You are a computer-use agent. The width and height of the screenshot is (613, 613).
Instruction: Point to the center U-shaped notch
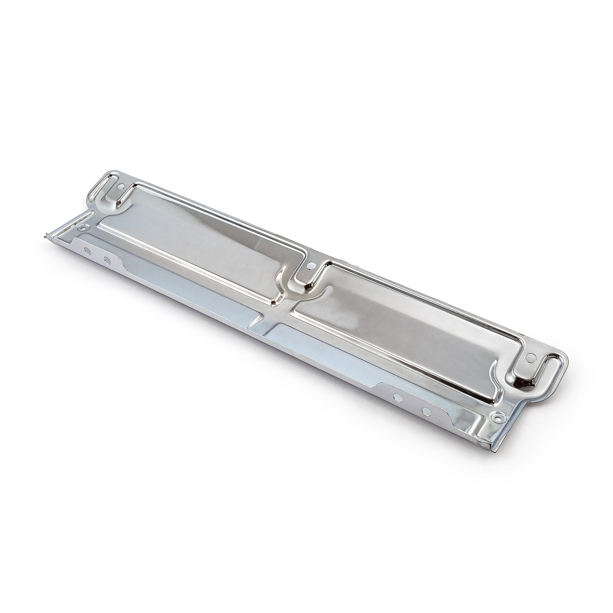click(302, 278)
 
